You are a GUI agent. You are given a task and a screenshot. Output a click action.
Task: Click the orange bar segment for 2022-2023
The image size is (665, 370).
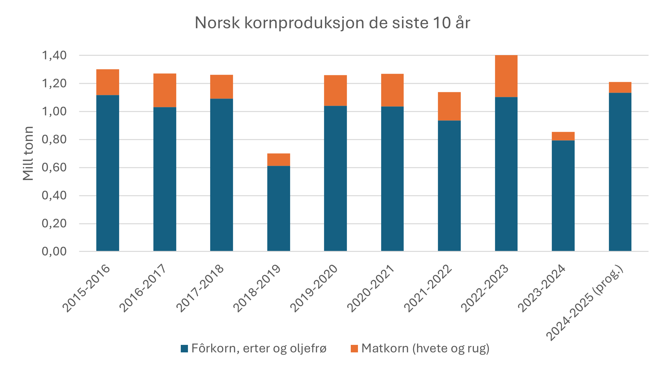pos(506,76)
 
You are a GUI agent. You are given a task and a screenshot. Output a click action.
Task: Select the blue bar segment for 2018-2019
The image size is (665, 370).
pos(278,208)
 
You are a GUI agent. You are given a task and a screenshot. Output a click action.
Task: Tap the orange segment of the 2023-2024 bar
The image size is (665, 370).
pos(563,136)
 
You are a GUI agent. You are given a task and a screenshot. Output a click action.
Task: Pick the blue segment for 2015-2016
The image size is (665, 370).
pos(108,173)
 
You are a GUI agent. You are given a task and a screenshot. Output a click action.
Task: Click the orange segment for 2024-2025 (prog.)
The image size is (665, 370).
pos(620,87)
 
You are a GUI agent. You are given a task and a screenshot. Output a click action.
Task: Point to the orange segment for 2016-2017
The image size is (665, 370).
pos(165,90)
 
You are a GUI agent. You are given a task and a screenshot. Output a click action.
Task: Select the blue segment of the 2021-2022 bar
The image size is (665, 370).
pos(449,186)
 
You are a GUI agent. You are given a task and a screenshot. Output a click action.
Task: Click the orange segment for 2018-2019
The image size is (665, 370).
pos(278,160)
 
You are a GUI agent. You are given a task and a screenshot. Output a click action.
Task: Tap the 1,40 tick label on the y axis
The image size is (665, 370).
pos(54,55)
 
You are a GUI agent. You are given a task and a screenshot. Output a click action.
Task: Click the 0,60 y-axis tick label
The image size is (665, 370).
pos(54,167)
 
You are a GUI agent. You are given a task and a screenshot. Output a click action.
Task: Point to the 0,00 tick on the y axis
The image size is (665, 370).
pos(54,251)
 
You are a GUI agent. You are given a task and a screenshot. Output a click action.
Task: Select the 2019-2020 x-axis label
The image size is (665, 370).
pos(314,288)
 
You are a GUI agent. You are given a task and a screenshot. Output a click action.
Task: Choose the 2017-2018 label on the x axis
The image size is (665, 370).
pos(200,288)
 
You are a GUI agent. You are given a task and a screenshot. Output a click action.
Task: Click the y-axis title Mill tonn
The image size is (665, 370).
pos(28,153)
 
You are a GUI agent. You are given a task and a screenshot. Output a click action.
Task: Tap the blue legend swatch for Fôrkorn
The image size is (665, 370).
pos(184,348)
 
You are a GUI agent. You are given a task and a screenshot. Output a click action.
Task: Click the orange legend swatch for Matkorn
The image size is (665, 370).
pos(354,348)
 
